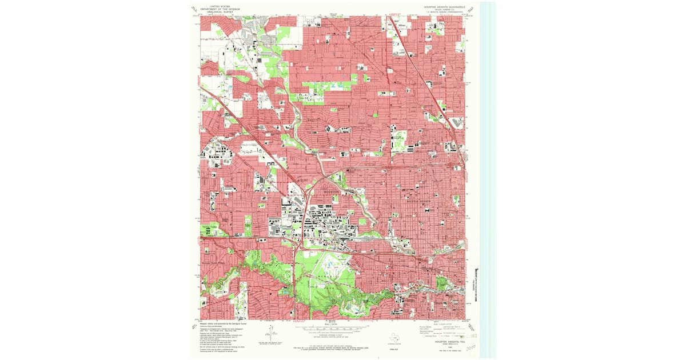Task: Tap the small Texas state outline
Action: (393, 337)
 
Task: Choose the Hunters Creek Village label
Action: (214, 249)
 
